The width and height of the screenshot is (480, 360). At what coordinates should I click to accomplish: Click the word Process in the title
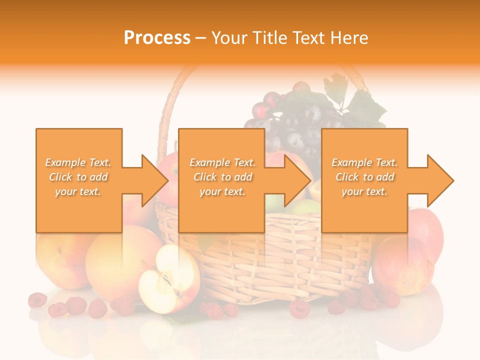tap(157, 38)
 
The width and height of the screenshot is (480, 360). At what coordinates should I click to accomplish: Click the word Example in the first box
tap(65, 162)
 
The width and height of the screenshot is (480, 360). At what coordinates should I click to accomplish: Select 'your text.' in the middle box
tap(222, 191)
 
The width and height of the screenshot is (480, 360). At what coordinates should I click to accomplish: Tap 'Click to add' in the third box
tap(364, 177)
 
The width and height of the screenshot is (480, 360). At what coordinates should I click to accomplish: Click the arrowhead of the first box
tap(155, 180)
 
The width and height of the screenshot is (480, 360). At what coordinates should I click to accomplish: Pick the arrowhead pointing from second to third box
tap(298, 180)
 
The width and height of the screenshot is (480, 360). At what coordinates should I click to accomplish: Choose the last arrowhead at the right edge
tap(440, 180)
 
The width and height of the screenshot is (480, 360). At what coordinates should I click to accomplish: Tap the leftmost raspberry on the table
tap(37, 300)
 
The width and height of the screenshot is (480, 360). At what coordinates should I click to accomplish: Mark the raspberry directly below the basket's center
tap(299, 308)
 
